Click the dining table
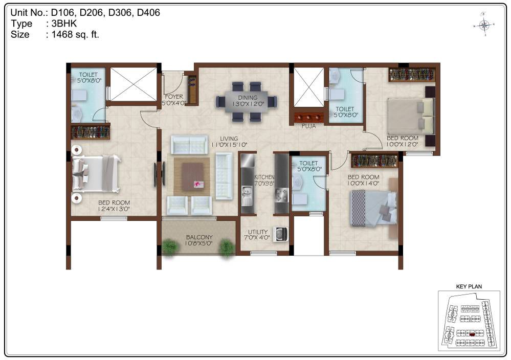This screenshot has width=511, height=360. click(x=247, y=102)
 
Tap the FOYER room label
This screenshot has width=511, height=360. click(x=174, y=97)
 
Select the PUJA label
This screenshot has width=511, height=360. click(x=308, y=126)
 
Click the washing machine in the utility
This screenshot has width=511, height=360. click(x=280, y=234)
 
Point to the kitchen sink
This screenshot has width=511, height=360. click(x=247, y=196)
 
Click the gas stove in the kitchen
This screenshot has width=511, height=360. click(x=281, y=195)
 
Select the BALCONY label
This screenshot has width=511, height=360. click(x=199, y=237)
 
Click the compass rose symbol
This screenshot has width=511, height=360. click(x=484, y=25)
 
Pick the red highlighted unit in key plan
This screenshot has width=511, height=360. click(x=472, y=334)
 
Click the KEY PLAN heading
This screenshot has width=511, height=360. click(x=469, y=287)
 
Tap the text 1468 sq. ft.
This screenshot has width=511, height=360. click(x=75, y=35)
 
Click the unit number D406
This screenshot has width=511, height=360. click(x=148, y=13)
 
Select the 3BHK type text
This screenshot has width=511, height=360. click(x=64, y=24)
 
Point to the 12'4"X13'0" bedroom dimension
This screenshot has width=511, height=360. click(x=114, y=209)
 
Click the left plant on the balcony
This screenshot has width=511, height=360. click(x=170, y=246)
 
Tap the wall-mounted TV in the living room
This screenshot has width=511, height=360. click(x=155, y=174)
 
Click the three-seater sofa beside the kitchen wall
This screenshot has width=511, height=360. click(x=224, y=176)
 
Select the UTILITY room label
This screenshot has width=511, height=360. click(x=258, y=232)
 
